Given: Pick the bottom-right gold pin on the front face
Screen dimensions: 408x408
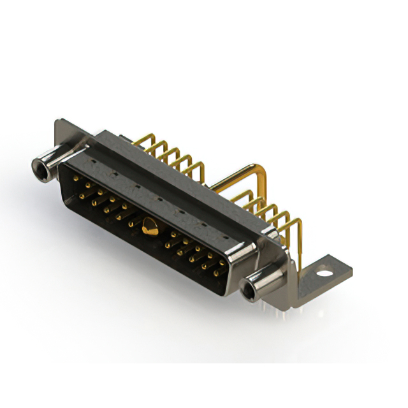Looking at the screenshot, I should (217, 273).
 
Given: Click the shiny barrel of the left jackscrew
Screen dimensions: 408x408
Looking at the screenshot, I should (54, 159).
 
